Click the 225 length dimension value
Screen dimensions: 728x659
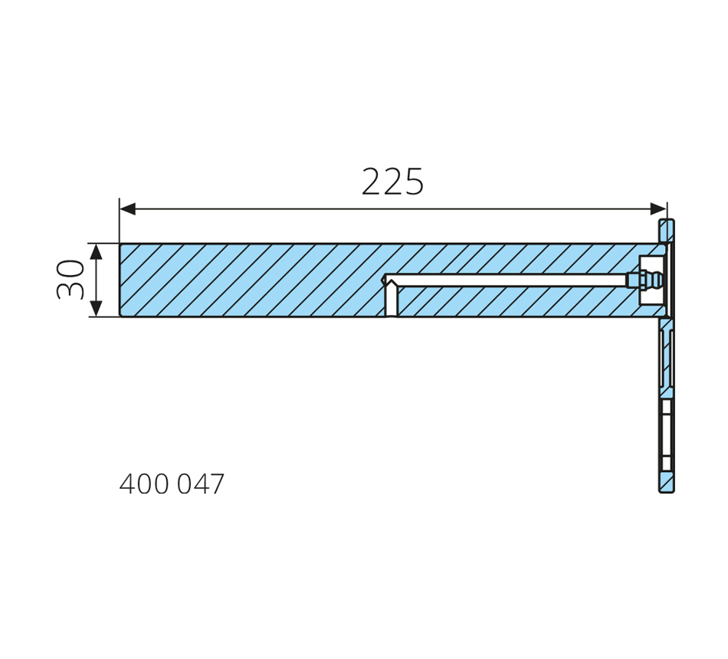tap(392, 181)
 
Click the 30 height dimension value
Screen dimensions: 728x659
tap(71, 279)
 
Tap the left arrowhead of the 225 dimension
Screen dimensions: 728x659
tap(128, 209)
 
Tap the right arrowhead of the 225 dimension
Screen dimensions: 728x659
tap(659, 209)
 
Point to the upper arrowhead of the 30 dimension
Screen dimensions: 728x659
tap(96, 251)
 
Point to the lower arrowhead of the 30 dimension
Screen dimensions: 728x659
tap(96, 308)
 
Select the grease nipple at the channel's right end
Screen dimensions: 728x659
tap(644, 280)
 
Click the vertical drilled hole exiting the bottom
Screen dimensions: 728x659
tap(392, 300)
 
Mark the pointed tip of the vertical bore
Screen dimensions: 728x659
tap(392, 280)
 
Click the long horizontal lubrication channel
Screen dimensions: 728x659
tap(506, 280)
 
